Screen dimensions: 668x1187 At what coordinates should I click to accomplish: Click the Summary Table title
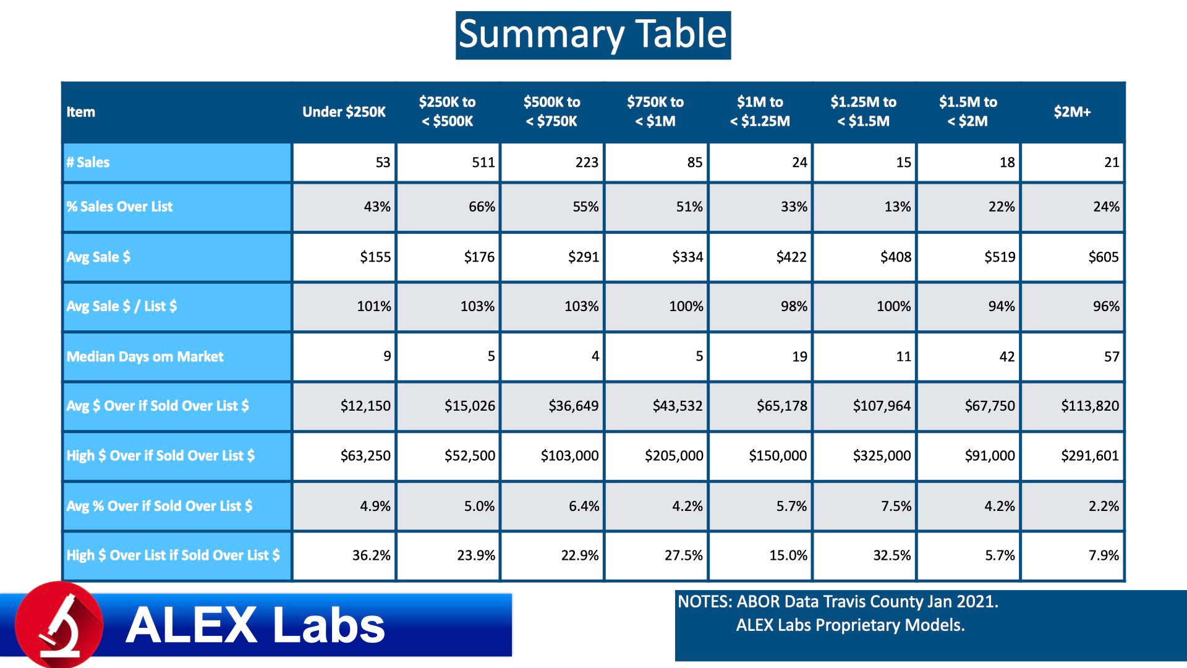coord(593,35)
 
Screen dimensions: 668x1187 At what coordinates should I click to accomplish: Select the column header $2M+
coord(1072,112)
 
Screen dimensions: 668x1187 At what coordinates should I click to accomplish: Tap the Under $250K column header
coord(344,112)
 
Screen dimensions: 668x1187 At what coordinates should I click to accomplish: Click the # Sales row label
coord(88,163)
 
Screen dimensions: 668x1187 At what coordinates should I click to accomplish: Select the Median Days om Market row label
coord(145,357)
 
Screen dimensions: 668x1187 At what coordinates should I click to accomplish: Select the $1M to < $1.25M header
coord(760,112)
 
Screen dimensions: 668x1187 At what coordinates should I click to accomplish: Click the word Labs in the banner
coord(329,625)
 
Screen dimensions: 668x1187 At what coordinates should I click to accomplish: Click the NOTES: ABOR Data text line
coord(838,602)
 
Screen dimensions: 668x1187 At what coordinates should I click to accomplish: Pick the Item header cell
coord(81,112)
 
